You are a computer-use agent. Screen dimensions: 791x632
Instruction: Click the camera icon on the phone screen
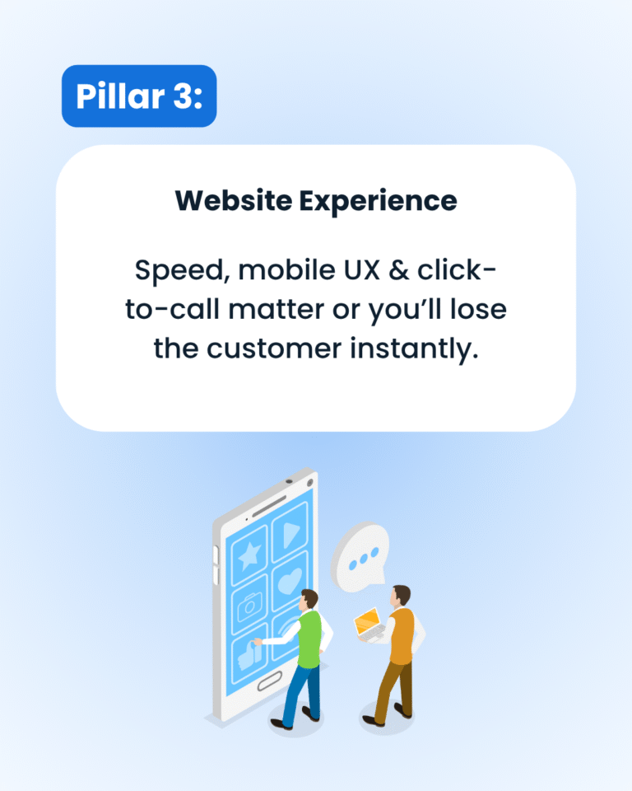coord(248,609)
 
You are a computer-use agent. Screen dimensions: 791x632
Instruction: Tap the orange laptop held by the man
coord(367,624)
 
